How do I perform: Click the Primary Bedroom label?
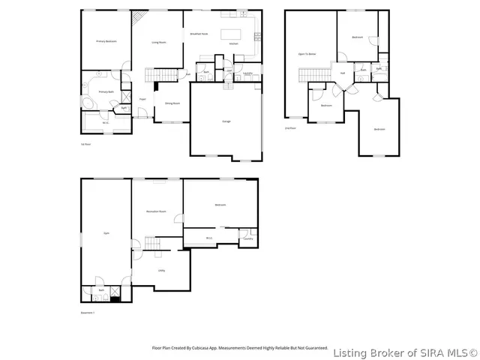click(x=105, y=41)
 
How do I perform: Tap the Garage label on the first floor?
click(x=226, y=121)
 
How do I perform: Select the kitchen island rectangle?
click(x=230, y=34)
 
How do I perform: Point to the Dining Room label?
click(x=172, y=103)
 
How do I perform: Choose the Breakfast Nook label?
click(x=199, y=34)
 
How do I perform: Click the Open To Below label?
click(x=307, y=54)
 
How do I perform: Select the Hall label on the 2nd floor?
click(x=342, y=73)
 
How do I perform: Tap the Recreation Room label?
click(x=156, y=212)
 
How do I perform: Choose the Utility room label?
click(x=161, y=270)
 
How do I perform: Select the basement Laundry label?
click(x=247, y=238)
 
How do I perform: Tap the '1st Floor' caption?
click(x=85, y=143)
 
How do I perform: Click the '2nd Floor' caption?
click(x=290, y=128)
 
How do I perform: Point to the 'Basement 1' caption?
click(x=88, y=313)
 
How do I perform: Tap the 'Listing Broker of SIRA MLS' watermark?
click(x=404, y=352)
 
